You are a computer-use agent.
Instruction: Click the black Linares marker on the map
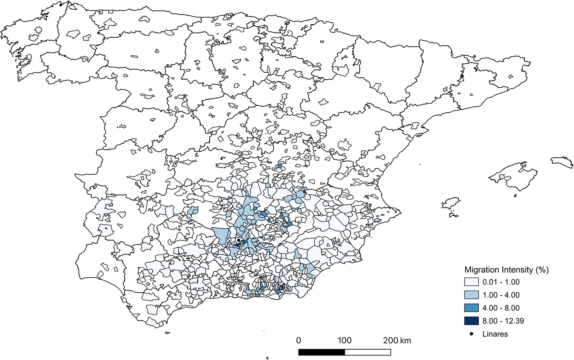click(238, 240)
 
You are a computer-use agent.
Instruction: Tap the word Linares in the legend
click(495, 334)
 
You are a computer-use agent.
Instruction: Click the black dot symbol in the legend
click(471, 334)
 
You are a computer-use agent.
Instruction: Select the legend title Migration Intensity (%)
click(506, 270)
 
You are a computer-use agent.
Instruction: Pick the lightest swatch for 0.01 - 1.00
click(471, 282)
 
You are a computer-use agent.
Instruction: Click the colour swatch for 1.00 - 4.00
click(471, 295)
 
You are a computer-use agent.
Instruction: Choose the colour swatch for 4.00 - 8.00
click(471, 308)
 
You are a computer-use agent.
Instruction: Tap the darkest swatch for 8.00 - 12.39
click(471, 321)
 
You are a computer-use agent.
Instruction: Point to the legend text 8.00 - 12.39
click(503, 321)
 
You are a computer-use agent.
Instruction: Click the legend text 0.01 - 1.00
click(501, 282)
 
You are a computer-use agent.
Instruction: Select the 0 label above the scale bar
click(298, 340)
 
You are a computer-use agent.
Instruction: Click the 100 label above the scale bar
click(344, 340)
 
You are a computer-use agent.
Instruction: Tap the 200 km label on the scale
click(397, 340)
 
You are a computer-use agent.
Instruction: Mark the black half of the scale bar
click(321, 352)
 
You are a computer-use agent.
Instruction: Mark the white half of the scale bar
click(368, 352)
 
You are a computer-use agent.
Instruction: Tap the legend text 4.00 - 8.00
click(501, 308)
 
